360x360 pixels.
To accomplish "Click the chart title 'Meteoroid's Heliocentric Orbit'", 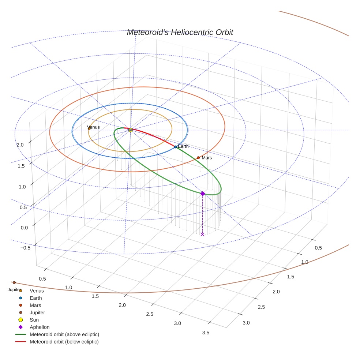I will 180,33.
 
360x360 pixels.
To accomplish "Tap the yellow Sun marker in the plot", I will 131,130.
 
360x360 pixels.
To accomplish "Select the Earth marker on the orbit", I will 176,147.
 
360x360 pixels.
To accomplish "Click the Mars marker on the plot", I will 198,158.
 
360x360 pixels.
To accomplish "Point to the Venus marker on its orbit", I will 89,129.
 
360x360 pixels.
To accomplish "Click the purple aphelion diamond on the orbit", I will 203,194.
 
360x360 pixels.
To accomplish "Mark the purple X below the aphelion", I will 202,234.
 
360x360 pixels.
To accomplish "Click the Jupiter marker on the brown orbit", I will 14,282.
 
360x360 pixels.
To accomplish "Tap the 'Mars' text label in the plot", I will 207,158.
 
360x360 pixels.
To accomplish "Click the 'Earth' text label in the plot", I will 183,146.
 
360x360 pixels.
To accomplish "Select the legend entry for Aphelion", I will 40,327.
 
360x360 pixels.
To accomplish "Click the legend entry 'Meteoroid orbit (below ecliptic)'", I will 64,342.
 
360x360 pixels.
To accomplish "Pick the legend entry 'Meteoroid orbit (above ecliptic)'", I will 64,334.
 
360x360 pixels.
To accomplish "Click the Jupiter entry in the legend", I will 37,312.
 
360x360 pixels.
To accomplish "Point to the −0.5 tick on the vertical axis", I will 25,247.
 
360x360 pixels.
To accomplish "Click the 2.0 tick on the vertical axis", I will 20,145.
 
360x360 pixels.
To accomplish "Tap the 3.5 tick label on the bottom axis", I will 206,333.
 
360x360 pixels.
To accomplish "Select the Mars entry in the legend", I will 35,305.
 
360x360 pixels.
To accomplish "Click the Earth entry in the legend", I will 36,298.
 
